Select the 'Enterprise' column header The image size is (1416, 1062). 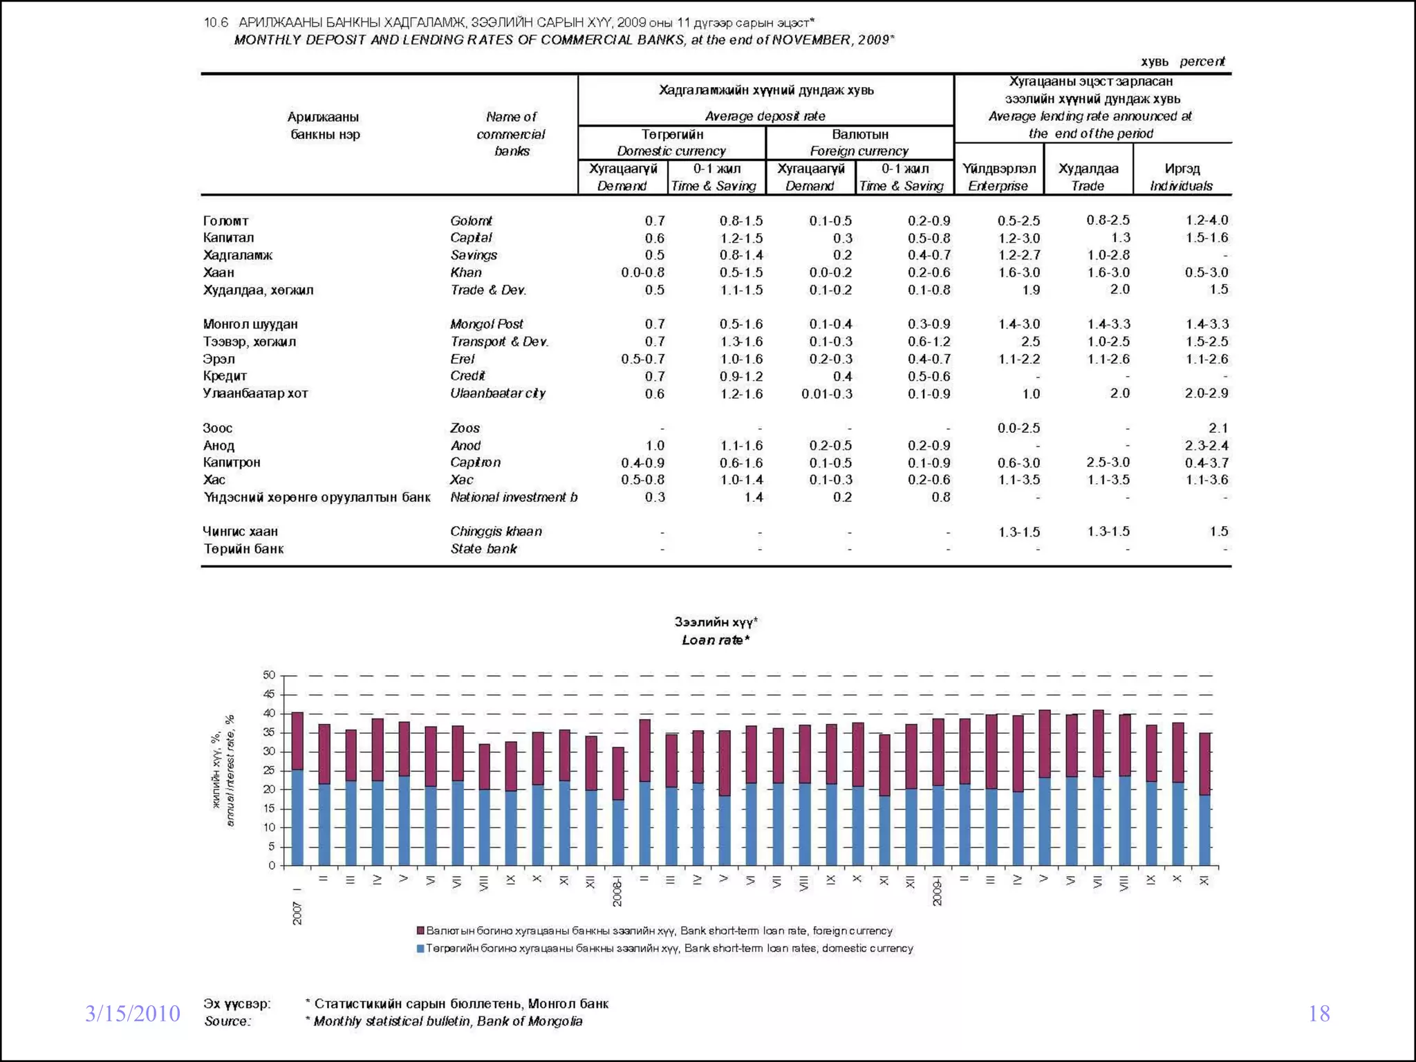click(998, 186)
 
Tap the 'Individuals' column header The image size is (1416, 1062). click(1181, 186)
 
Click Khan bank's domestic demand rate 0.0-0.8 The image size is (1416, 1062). click(642, 272)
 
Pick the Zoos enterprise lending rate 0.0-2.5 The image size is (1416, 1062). click(1018, 428)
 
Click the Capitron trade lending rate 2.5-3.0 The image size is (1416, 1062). click(1108, 462)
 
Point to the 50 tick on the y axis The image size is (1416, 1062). click(269, 675)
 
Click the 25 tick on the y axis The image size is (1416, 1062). click(269, 770)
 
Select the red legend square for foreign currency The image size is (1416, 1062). click(420, 931)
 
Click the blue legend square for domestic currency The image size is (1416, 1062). click(420, 949)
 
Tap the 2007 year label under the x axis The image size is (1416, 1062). click(297, 913)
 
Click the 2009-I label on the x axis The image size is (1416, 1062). click(938, 891)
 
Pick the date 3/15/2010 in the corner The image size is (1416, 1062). click(132, 1014)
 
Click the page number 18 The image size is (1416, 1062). click(1319, 1014)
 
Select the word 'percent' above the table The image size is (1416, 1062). click(1202, 62)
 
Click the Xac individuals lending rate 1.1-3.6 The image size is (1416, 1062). click(1207, 480)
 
